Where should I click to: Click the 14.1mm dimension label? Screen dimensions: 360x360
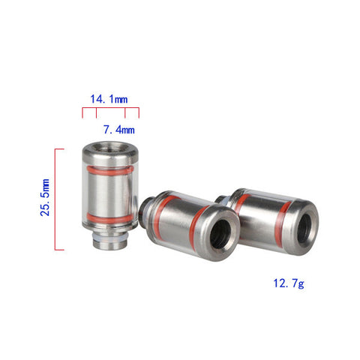click(x=109, y=99)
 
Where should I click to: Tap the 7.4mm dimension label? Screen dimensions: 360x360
click(x=119, y=130)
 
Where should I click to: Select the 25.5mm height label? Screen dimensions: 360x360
click(x=45, y=197)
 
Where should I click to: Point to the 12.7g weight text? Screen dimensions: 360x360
click(x=289, y=283)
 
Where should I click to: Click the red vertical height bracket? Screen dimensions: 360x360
click(x=55, y=199)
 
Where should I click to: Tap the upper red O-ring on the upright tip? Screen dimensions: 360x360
click(x=110, y=171)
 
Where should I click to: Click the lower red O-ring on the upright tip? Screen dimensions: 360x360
click(x=110, y=218)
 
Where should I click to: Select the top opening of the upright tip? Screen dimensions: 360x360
click(x=110, y=148)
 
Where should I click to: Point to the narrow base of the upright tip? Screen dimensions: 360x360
click(x=110, y=241)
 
